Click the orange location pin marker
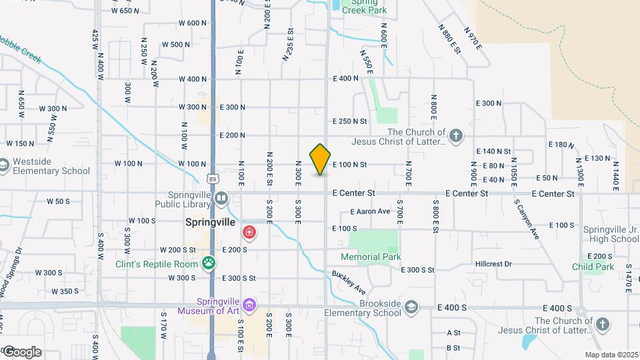[321, 159]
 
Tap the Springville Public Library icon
[221, 197]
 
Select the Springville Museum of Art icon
[249, 305]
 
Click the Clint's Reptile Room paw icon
[209, 263]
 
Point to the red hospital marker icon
[249, 233]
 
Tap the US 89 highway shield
[212, 179]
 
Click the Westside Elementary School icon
[4, 165]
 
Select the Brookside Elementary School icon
[413, 307]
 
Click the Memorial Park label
[370, 257]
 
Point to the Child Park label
[593, 267]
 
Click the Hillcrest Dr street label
[493, 264]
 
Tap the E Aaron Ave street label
[370, 211]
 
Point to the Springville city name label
[209, 223]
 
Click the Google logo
[22, 352]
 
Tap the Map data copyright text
[612, 355]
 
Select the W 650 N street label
[126, 11]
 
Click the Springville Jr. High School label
[611, 234]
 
